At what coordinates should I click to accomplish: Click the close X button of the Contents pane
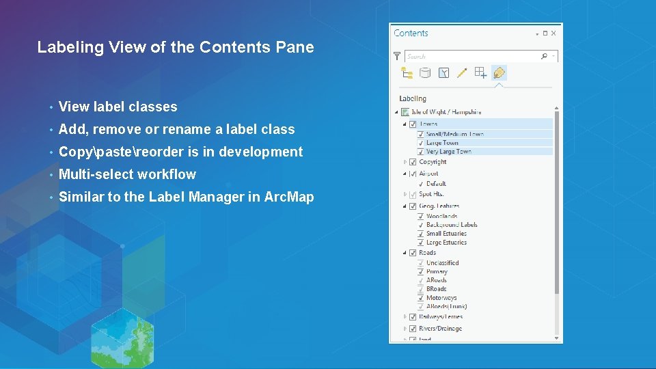tap(553, 33)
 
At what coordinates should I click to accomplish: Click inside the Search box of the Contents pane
tap(471, 56)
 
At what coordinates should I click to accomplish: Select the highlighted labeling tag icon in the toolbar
tap(500, 72)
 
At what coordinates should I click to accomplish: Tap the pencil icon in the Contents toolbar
tap(462, 72)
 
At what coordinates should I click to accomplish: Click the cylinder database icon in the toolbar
tap(424, 72)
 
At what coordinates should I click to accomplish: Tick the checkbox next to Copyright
tap(413, 162)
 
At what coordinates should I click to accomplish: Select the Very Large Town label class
tap(448, 152)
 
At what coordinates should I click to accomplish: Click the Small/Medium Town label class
tap(454, 134)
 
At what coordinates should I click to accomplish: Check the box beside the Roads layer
tap(413, 253)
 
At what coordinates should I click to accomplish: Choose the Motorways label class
tap(441, 298)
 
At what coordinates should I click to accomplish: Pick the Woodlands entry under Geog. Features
tap(441, 216)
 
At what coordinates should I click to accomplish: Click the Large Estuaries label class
tap(446, 243)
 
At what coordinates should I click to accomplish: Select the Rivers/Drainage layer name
tap(440, 329)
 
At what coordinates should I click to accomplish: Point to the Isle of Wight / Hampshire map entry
tap(446, 112)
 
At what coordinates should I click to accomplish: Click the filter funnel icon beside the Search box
tap(397, 56)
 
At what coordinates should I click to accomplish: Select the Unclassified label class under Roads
tap(442, 262)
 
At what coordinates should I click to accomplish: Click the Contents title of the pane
tap(411, 33)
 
